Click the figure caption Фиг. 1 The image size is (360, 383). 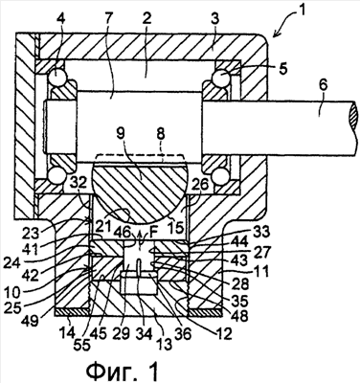coord(123,371)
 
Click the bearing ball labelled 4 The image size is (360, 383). coord(56,78)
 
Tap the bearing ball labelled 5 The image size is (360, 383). coord(221,77)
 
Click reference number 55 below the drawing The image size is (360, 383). coord(81,345)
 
